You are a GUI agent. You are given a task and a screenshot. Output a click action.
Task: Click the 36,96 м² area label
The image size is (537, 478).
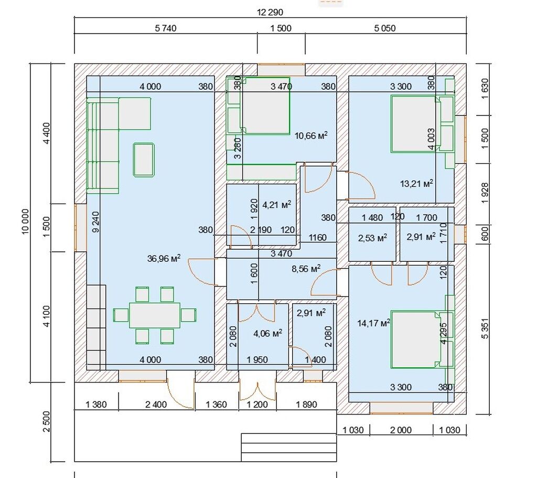(x=164, y=258)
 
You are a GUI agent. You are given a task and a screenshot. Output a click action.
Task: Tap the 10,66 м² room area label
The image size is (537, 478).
(x=311, y=136)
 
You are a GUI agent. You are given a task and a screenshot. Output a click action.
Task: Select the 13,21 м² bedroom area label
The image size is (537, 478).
(x=416, y=183)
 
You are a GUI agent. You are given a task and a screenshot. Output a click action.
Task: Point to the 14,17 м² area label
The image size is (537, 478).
(x=373, y=323)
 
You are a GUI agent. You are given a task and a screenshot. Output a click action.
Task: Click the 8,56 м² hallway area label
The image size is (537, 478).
(x=306, y=269)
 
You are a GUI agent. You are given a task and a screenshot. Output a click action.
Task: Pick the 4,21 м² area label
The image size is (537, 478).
(x=277, y=205)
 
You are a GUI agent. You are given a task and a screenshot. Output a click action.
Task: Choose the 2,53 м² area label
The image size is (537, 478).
(x=373, y=238)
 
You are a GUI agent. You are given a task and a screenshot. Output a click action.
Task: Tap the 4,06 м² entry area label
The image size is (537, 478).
(x=268, y=333)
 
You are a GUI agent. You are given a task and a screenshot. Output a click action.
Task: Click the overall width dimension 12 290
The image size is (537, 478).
(x=270, y=13)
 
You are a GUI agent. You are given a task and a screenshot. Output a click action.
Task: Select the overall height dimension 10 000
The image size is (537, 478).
(x=26, y=222)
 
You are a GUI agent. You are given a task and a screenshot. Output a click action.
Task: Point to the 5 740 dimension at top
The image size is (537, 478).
(x=166, y=28)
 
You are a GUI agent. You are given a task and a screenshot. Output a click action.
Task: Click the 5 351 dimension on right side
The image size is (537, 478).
(x=485, y=329)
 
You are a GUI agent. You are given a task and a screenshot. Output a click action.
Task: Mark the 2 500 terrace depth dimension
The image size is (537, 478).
(x=46, y=422)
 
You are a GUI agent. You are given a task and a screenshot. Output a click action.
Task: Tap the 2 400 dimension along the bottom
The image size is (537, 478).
(x=156, y=405)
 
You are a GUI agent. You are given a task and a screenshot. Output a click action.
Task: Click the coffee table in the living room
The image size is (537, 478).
(x=144, y=160)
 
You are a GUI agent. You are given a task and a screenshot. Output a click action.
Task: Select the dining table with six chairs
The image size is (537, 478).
(x=155, y=315)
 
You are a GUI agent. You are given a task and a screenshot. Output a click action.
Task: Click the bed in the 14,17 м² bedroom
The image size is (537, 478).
(x=416, y=339)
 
